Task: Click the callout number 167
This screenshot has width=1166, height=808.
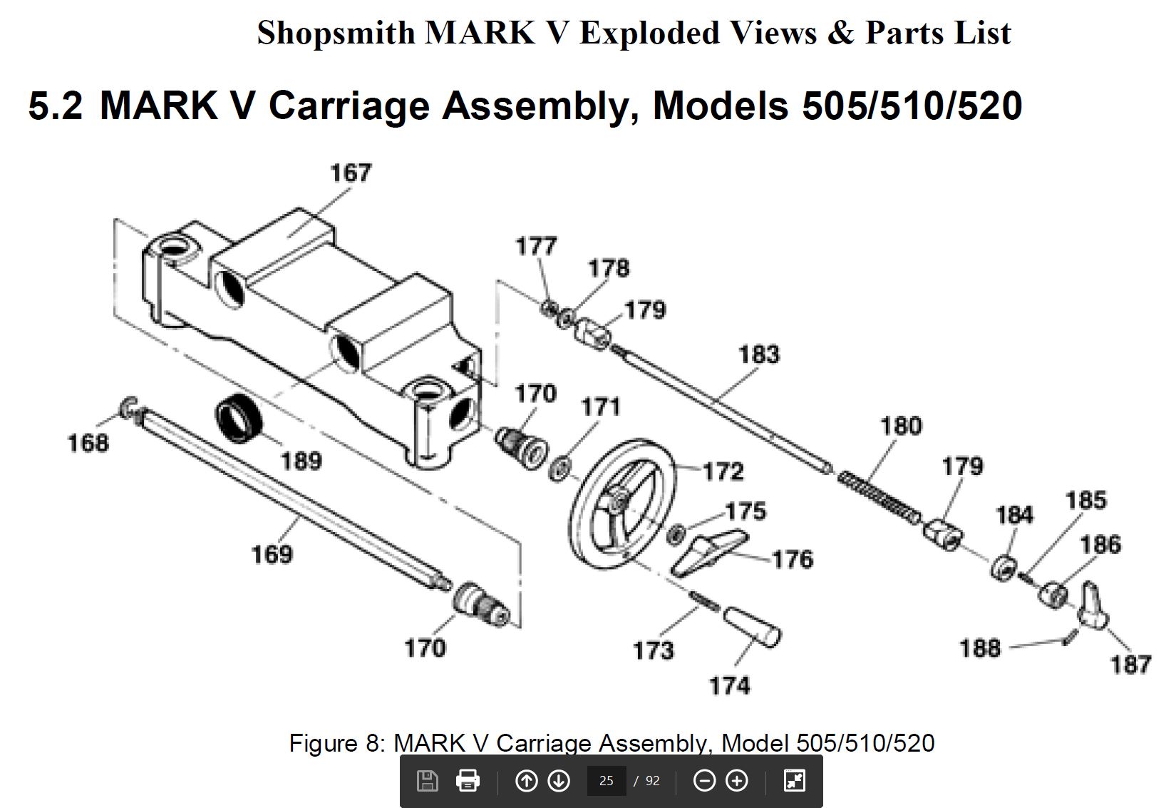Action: click(351, 173)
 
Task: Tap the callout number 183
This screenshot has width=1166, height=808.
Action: click(760, 354)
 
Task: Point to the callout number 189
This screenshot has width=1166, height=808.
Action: click(301, 461)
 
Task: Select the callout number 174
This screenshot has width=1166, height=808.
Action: click(730, 685)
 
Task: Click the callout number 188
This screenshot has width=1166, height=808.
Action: click(980, 648)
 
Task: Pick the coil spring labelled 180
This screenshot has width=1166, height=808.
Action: click(879, 498)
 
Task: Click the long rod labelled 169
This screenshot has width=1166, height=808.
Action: click(291, 500)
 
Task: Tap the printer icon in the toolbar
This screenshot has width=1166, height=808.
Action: click(468, 780)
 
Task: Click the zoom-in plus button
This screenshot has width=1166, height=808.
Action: click(736, 780)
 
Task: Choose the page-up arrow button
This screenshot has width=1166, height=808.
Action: click(526, 780)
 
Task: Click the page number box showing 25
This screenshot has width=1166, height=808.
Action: click(607, 780)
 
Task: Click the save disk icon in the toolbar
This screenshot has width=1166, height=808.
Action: click(428, 780)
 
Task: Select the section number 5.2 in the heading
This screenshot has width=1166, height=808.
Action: click(55, 106)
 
